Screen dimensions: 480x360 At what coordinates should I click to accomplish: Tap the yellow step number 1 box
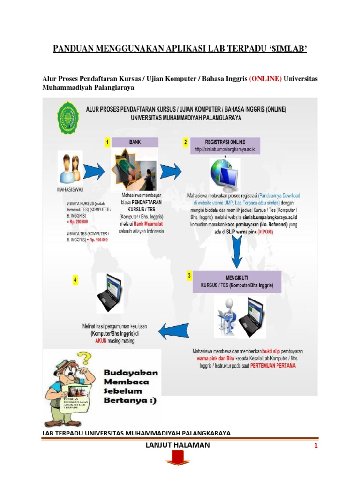click(107, 142)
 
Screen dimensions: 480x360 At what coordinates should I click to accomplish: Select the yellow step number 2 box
click(186, 142)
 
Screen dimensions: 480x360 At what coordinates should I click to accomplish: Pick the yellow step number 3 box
click(189, 276)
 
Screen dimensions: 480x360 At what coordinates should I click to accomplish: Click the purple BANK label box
click(135, 142)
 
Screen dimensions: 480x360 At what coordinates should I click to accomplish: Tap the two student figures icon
click(71, 167)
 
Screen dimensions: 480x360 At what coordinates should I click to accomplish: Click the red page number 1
click(316, 446)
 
